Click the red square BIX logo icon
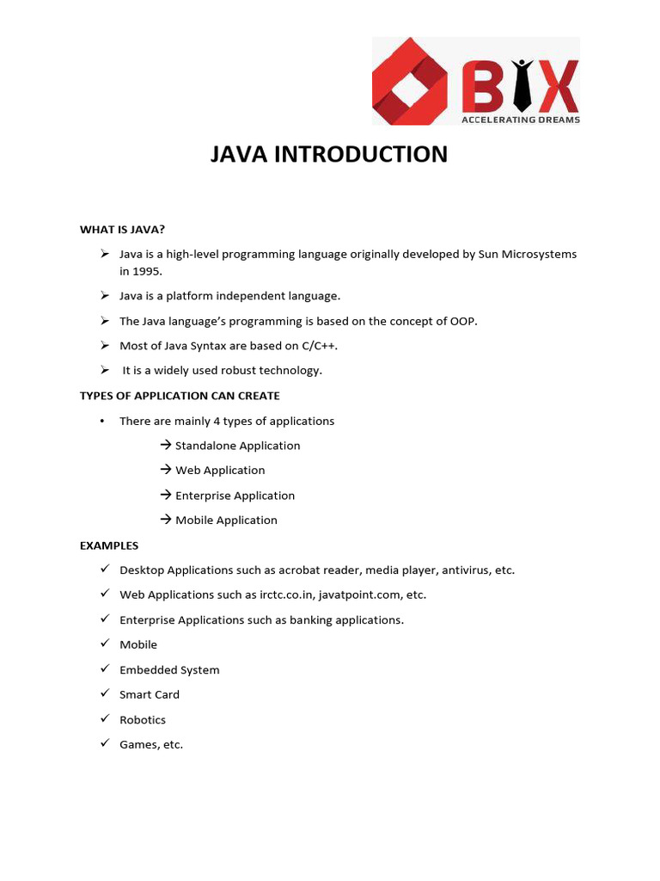click(x=410, y=81)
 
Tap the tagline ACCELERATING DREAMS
click(x=521, y=120)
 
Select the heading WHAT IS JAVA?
click(x=122, y=229)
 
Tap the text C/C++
click(x=315, y=346)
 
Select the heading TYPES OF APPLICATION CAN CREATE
click(x=180, y=396)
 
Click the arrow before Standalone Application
click(x=166, y=446)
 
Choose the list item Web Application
click(x=220, y=471)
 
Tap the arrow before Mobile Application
click(x=166, y=520)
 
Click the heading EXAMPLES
click(x=109, y=545)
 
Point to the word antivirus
click(x=467, y=570)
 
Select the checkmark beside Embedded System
click(x=104, y=668)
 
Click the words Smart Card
click(x=150, y=694)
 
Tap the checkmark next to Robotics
click(x=104, y=718)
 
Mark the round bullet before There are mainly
click(x=102, y=421)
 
